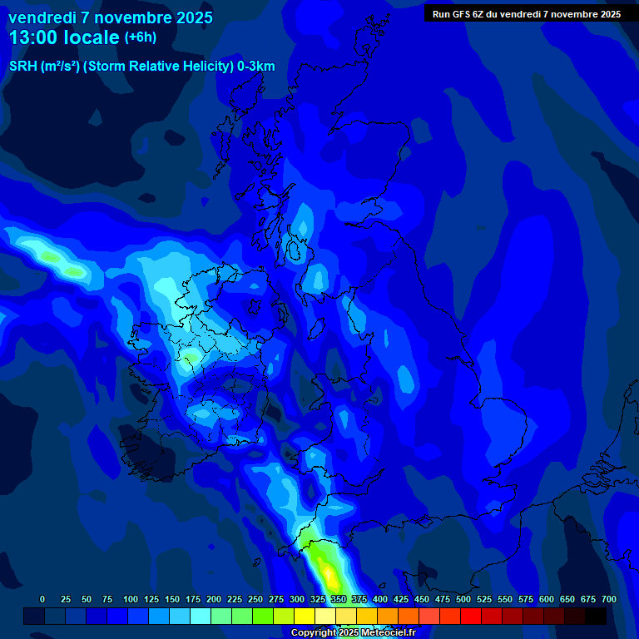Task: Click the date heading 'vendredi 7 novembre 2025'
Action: click(111, 17)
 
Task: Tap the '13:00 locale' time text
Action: click(64, 37)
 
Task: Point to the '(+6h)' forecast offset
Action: click(139, 37)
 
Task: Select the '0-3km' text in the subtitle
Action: click(255, 67)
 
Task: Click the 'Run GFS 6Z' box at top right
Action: click(526, 13)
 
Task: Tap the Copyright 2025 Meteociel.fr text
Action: click(352, 632)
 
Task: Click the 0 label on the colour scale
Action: click(42, 599)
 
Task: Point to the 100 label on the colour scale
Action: click(131, 599)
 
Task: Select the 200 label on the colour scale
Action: click(214, 599)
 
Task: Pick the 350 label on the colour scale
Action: click(339, 599)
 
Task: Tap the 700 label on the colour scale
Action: click(609, 599)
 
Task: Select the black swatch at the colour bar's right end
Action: click(596, 616)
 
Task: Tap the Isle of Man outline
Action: click(281, 315)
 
